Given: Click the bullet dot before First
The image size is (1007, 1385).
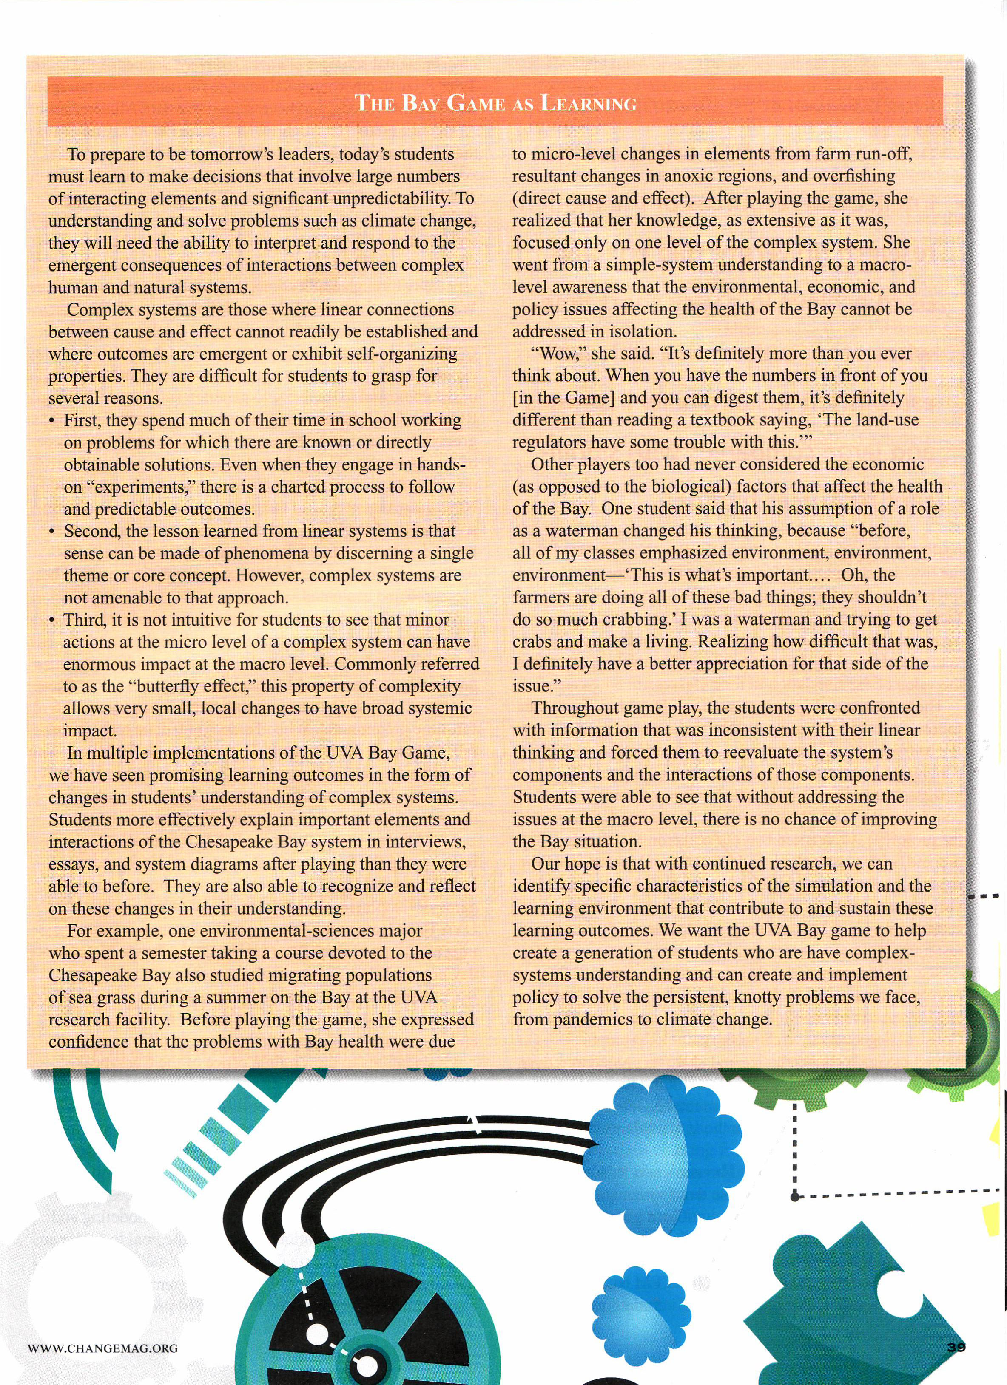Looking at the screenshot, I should click(53, 421).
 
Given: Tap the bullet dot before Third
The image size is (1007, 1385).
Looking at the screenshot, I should click(53, 620).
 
